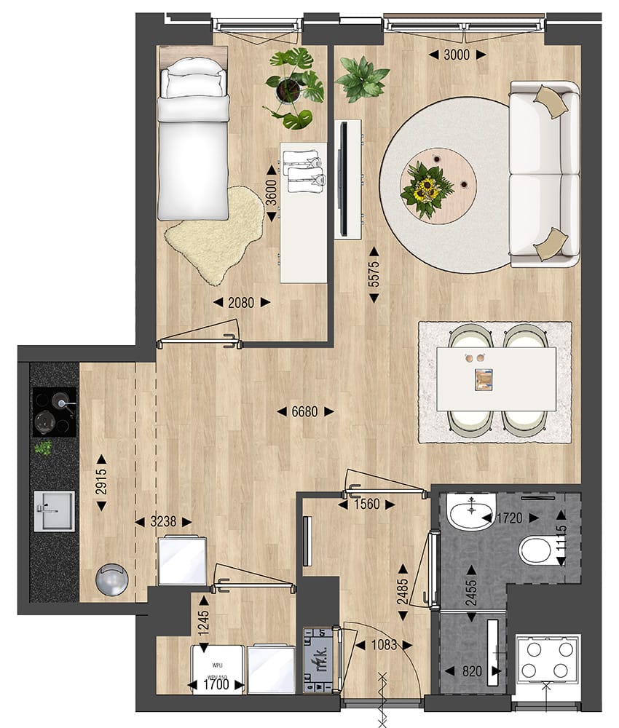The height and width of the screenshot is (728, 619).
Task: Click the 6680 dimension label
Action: click(x=305, y=412)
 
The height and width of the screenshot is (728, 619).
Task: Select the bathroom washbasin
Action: click(x=470, y=513)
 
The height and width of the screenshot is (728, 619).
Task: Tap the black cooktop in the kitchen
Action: click(x=55, y=411)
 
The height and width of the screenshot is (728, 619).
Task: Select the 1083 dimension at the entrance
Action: click(x=384, y=645)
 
